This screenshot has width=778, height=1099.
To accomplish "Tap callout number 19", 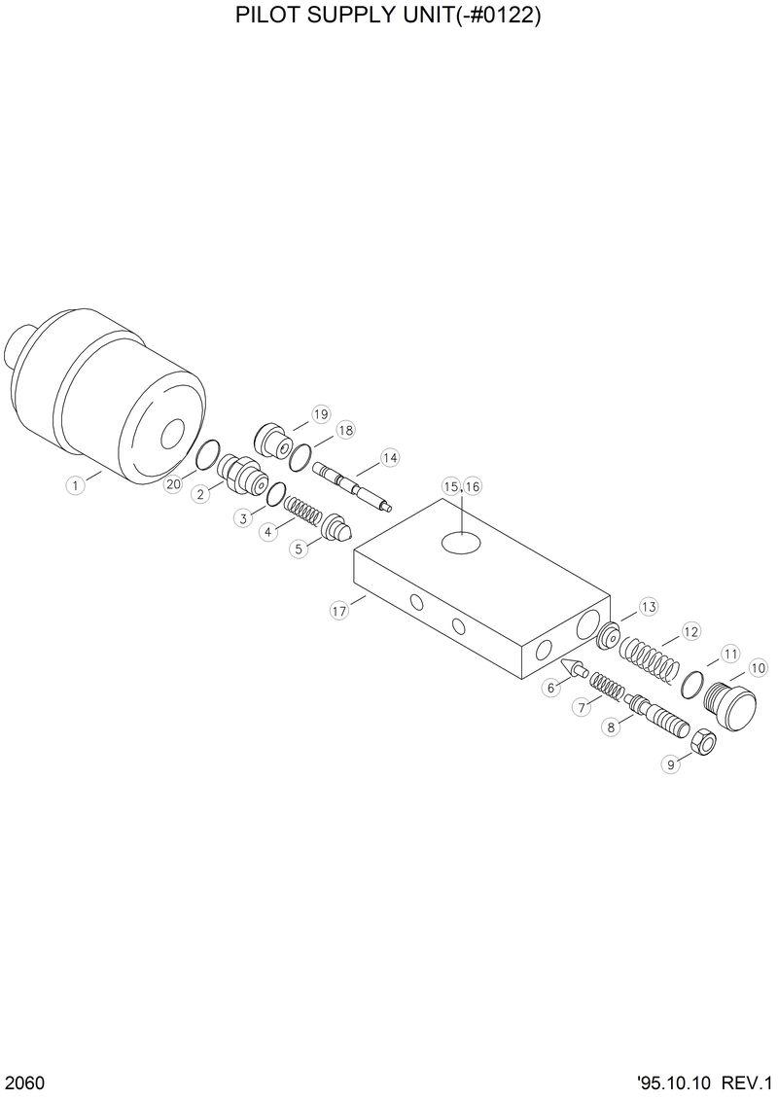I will (321, 414).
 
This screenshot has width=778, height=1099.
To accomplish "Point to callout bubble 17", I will (338, 611).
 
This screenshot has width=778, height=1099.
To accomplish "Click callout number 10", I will (759, 668).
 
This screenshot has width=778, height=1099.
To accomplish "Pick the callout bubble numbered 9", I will (670, 764).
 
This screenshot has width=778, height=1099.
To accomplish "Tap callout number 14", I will (390, 457).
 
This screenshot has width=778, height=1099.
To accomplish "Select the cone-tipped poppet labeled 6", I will (574, 670).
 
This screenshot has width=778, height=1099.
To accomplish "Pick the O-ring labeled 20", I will (208, 452).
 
